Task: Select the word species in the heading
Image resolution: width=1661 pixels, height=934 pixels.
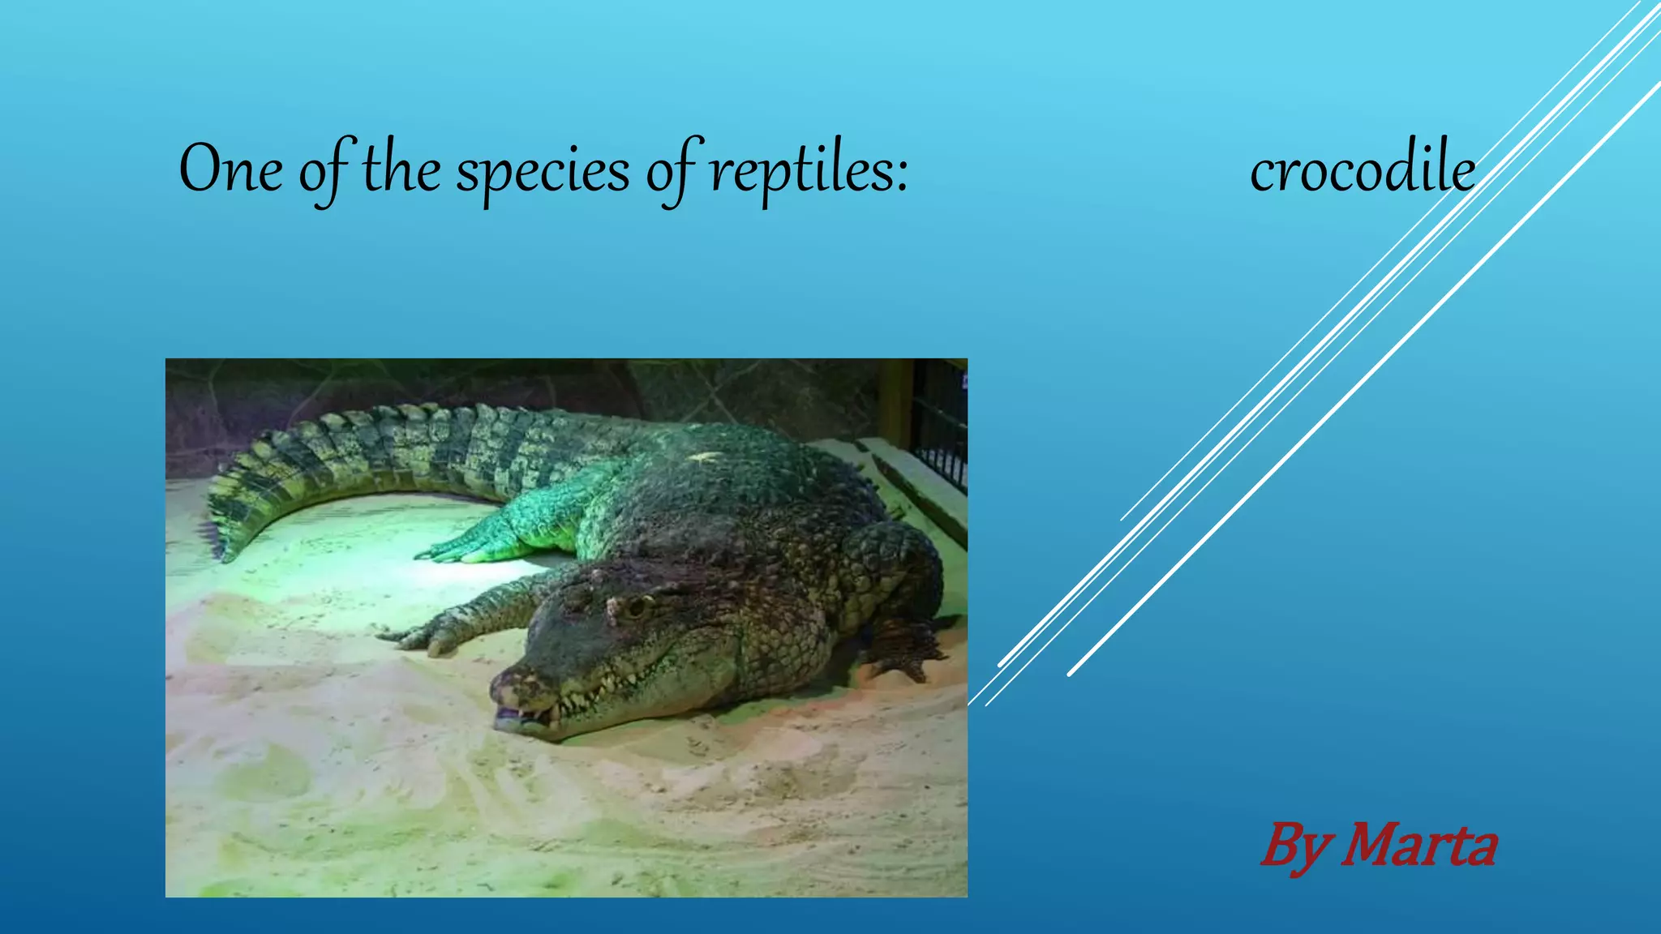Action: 543,172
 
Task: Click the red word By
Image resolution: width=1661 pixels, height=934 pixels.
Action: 1295,847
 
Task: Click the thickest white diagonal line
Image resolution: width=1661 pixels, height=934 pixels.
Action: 1363,381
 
